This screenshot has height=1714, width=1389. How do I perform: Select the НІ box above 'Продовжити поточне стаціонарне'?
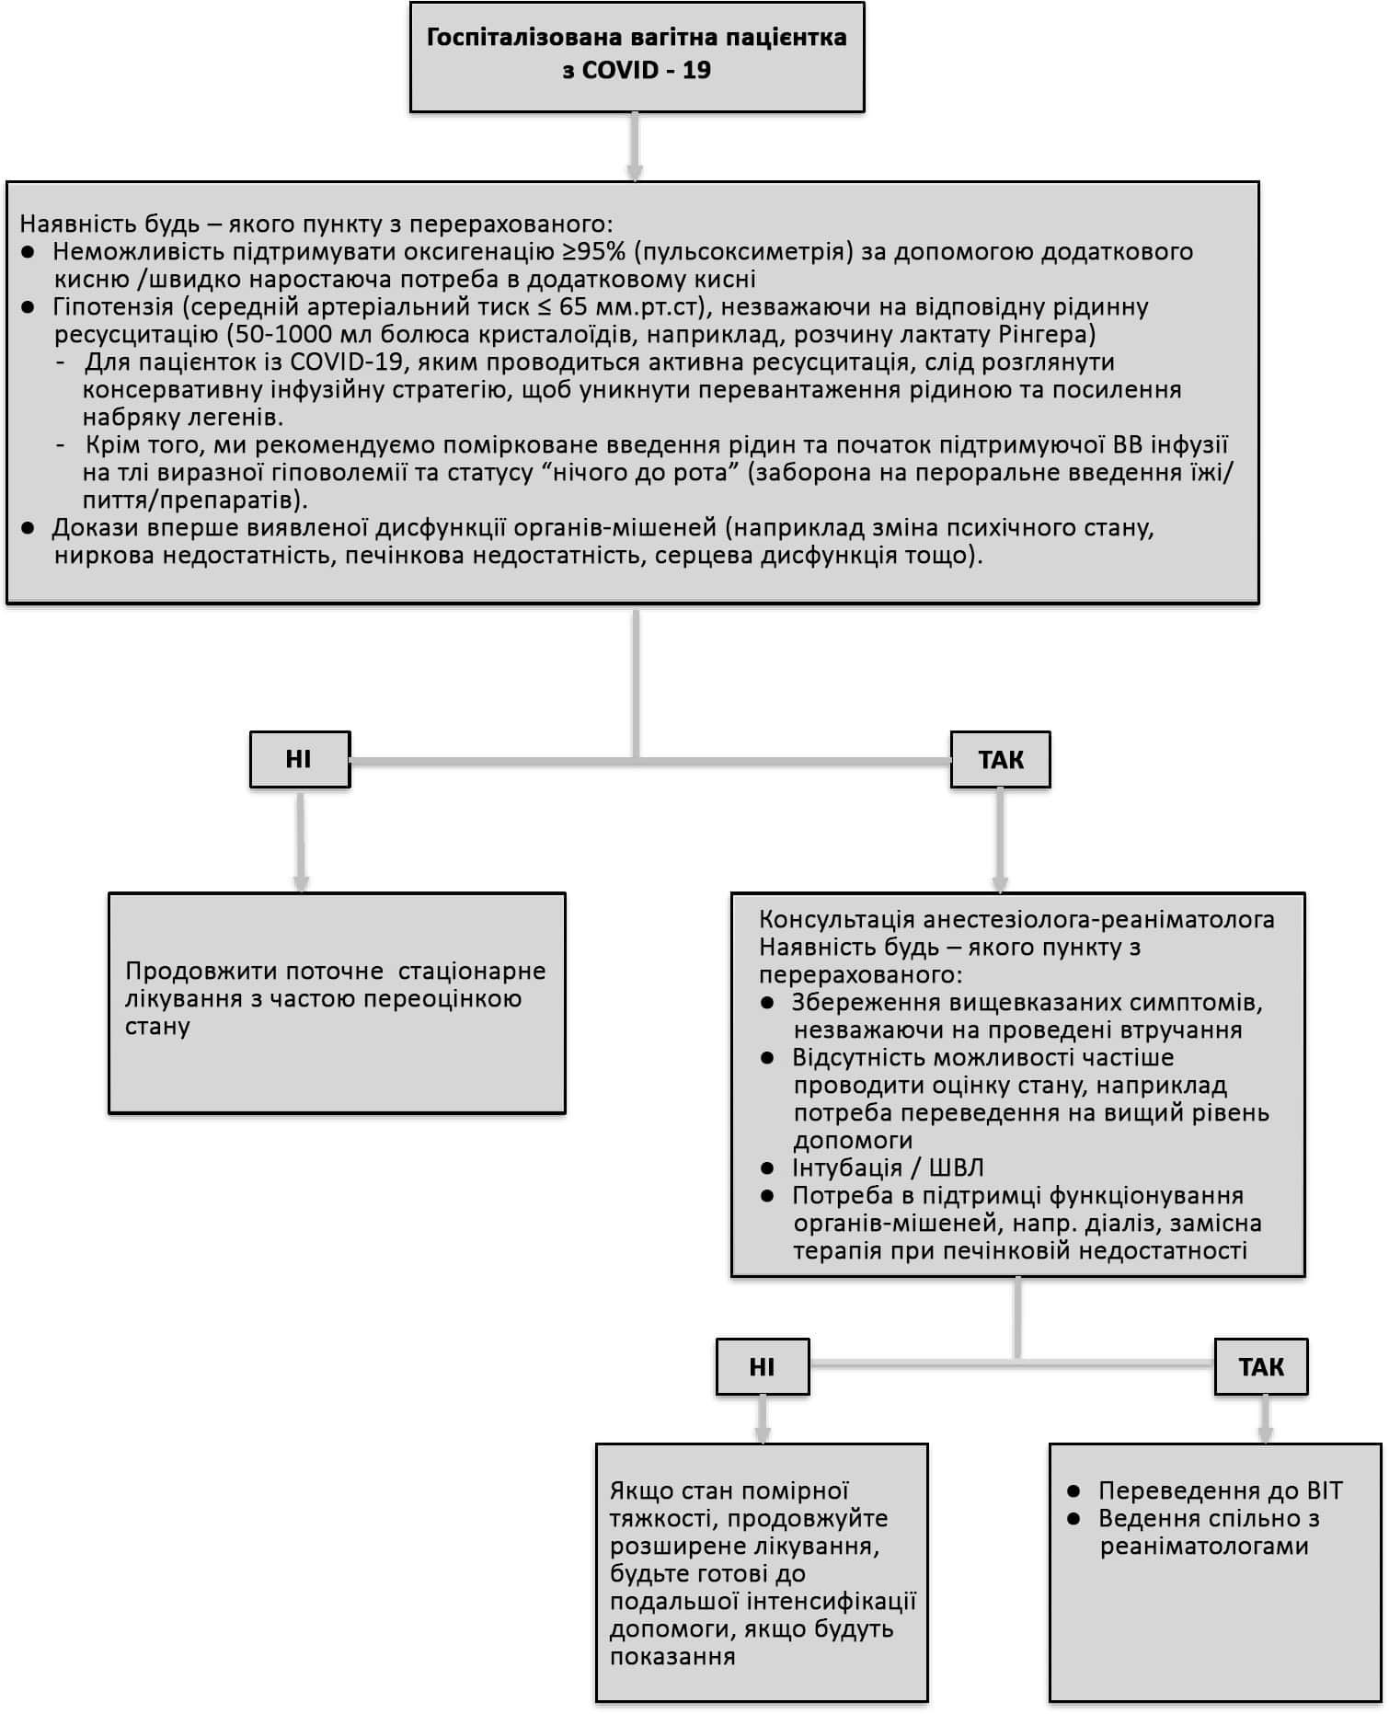click(300, 760)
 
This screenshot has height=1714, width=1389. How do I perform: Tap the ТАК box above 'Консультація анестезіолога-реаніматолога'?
click(1000, 760)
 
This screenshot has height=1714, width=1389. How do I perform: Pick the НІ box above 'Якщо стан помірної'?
click(763, 1366)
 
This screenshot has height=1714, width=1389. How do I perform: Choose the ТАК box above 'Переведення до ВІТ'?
click(1261, 1366)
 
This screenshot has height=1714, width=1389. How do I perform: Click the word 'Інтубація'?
click(846, 1168)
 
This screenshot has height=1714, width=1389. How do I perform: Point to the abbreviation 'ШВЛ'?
click(957, 1168)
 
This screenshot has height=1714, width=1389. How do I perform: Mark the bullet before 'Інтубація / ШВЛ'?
click(768, 1168)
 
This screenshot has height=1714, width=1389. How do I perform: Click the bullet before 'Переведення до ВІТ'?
click(1073, 1490)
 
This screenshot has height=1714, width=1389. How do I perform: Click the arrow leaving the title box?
click(635, 147)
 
